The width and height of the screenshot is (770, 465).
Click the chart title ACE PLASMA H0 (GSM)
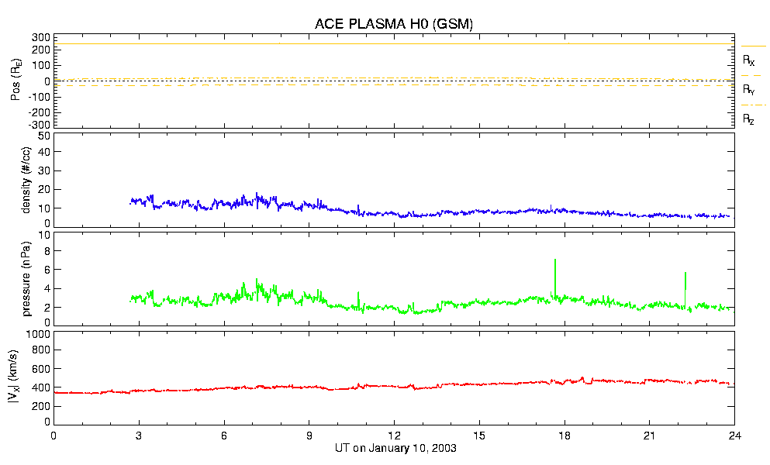tap(393, 24)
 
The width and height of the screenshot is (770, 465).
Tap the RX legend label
tap(749, 60)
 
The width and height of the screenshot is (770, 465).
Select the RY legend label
tap(749, 90)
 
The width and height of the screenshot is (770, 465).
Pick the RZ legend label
tap(749, 119)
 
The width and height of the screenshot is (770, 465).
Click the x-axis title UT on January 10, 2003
tap(393, 449)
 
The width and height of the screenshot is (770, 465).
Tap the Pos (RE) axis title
tap(16, 81)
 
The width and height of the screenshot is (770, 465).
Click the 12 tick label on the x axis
tap(394, 436)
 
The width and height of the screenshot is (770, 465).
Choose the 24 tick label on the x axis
tap(734, 436)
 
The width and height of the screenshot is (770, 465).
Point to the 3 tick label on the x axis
tap(139, 436)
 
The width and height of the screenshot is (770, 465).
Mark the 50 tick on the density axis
tap(44, 136)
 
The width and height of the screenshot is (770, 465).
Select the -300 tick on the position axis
tap(39, 124)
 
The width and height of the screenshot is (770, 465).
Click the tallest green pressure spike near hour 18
tap(555, 263)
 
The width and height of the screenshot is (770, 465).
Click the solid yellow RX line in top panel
tap(388, 43)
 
